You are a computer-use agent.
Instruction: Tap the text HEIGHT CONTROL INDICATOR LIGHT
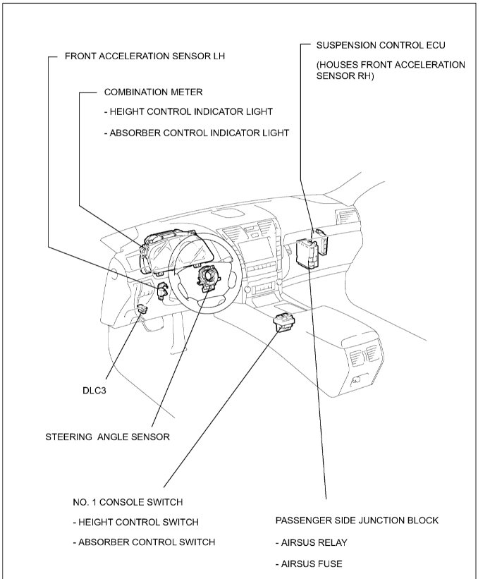pyautogui.click(x=188, y=111)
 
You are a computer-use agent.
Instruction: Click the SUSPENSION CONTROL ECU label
pyautogui.click(x=381, y=45)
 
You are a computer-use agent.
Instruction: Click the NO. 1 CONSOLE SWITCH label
pyautogui.click(x=128, y=502)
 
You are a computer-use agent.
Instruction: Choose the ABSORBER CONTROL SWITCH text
pyautogui.click(x=144, y=542)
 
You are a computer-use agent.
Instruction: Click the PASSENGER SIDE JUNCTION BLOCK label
pyautogui.click(x=357, y=520)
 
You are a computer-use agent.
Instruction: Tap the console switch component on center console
pyautogui.click(x=283, y=321)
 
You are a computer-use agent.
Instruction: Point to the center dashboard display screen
pyautogui.click(x=255, y=247)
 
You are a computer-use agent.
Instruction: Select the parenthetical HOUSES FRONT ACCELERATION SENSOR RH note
pyautogui.click(x=390, y=71)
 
